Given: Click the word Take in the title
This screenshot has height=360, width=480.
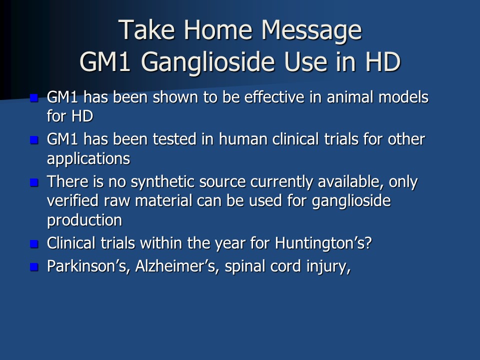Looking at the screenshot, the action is tap(146, 29).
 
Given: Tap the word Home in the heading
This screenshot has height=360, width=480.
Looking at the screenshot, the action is tap(218, 29).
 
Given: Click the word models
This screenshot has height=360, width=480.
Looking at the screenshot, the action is tap(403, 97).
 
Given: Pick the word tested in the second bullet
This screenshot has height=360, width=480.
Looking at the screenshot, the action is tap(174, 139).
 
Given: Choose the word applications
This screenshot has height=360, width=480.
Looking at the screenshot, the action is tap(88, 159).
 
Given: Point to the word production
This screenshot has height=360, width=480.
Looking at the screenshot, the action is tap(84, 220).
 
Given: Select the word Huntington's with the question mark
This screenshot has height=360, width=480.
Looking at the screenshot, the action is tap(323, 243).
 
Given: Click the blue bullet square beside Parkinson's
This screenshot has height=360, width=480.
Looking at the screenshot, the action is tap(34, 267).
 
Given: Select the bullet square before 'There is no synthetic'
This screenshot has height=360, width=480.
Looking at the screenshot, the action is tap(34, 182).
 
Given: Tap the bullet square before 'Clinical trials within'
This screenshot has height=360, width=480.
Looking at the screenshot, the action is tap(34, 244).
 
